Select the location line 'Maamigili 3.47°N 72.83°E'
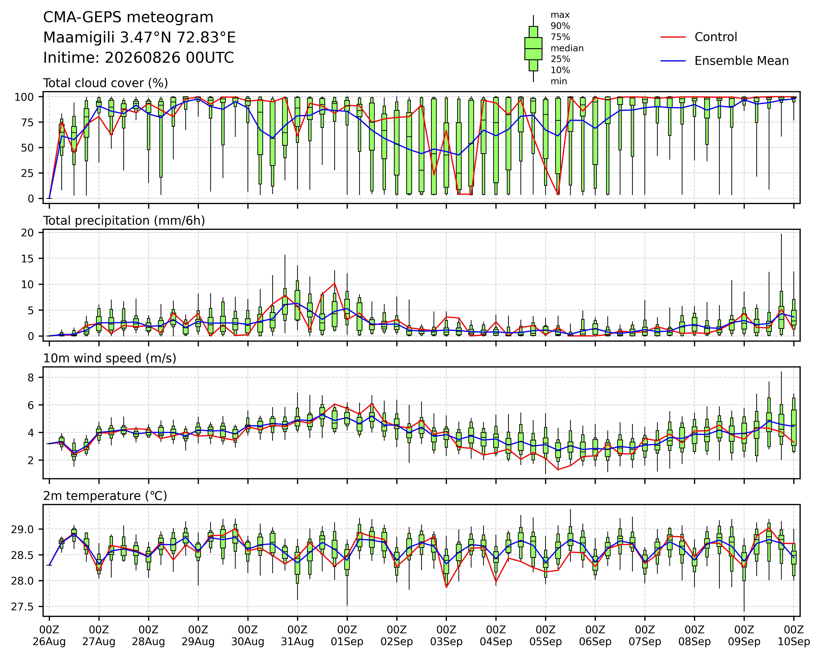(139, 38)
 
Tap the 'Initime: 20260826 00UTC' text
(139, 58)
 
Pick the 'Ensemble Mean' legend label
(741, 61)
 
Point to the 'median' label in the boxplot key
(567, 48)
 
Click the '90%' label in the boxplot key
(560, 26)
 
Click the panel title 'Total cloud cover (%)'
(106, 83)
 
